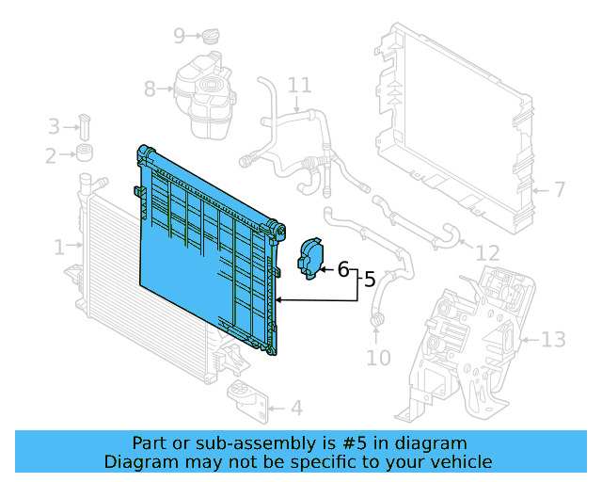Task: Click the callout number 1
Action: point(59,248)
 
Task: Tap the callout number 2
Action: point(51,155)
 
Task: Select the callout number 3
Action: point(54,126)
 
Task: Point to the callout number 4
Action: point(295,409)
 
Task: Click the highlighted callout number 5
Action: point(370,280)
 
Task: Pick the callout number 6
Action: point(343,270)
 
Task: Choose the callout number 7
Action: point(559,190)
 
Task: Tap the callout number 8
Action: point(150,89)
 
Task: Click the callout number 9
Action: point(180,37)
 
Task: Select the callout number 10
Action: point(378,358)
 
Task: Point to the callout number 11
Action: point(299,86)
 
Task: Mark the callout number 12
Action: point(487,253)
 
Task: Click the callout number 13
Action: point(554,339)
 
